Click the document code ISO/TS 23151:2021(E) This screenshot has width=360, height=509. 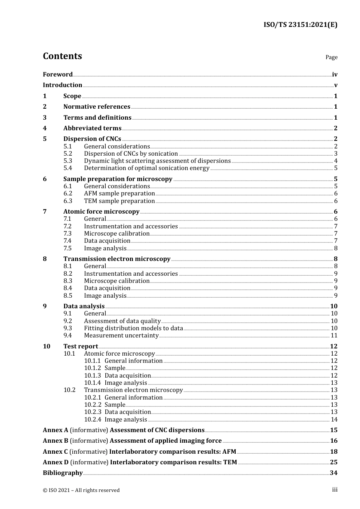pyautogui.click(x=300, y=25)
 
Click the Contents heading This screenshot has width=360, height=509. pyautogui.click(x=62, y=56)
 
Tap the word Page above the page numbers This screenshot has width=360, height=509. pyautogui.click(x=331, y=57)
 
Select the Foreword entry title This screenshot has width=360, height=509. pyautogui.click(x=58, y=75)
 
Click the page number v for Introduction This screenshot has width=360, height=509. pyautogui.click(x=335, y=85)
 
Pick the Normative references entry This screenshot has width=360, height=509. pyautogui.click(x=97, y=107)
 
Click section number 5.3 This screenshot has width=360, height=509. pyautogui.click(x=67, y=161)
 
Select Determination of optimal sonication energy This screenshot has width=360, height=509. pyautogui.click(x=146, y=168)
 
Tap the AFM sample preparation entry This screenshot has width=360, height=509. pyautogui.click(x=119, y=194)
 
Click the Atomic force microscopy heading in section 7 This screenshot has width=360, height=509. pyautogui.click(x=101, y=212)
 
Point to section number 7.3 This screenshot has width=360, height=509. pyautogui.click(x=67, y=234)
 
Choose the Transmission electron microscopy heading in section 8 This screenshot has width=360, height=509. pyautogui.click(x=117, y=259)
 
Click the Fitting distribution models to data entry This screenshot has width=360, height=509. pyautogui.click(x=133, y=328)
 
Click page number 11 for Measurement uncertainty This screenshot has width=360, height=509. pyautogui.click(x=334, y=336)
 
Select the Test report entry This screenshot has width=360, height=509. pyautogui.click(x=81, y=347)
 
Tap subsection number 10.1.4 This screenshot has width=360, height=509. pyautogui.click(x=92, y=383)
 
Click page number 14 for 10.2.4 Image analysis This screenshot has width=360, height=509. pyautogui.click(x=334, y=420)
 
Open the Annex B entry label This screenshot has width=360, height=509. pyautogui.click(x=55, y=441)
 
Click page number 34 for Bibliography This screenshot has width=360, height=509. pyautogui.click(x=333, y=473)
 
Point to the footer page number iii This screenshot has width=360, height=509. pyautogui.click(x=335, y=490)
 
